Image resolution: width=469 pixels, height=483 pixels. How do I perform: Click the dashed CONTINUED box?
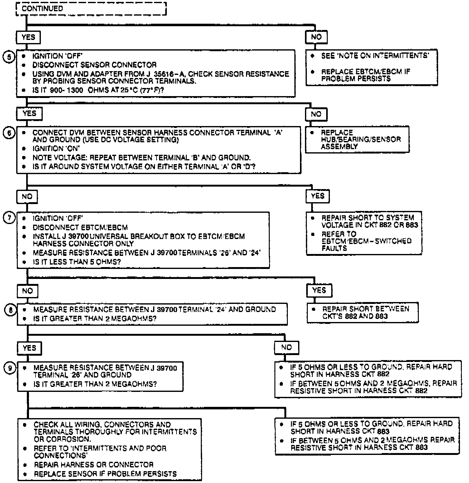91,9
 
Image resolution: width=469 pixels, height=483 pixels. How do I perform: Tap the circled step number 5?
9,57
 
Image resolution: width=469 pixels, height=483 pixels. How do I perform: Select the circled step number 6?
9,133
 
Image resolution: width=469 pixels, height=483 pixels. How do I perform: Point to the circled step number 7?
9,218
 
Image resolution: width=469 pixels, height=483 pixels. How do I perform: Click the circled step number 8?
10,310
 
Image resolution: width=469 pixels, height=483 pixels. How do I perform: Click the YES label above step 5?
28,37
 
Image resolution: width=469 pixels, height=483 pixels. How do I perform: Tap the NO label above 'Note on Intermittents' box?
316,37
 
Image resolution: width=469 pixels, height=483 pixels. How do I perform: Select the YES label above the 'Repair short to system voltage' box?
318,196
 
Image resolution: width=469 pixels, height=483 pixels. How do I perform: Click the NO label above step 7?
27,197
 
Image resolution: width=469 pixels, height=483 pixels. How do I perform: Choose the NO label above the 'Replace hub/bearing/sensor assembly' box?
316,114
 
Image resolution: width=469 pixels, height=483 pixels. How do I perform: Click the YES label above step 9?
29,348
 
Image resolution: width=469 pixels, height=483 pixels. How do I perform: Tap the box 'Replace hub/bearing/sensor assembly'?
357,139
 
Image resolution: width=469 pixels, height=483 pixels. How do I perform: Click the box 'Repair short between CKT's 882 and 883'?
363,313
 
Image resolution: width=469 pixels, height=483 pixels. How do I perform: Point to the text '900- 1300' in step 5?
66,90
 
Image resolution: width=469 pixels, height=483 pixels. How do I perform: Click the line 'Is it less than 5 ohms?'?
77,262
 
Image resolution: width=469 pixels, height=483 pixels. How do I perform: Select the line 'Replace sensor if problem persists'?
105,474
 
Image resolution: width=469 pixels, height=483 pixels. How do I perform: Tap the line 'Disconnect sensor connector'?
94,65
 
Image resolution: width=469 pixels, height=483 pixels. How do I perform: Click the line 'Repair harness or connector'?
94,465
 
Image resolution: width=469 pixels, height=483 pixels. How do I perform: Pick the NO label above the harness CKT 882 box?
286,347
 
